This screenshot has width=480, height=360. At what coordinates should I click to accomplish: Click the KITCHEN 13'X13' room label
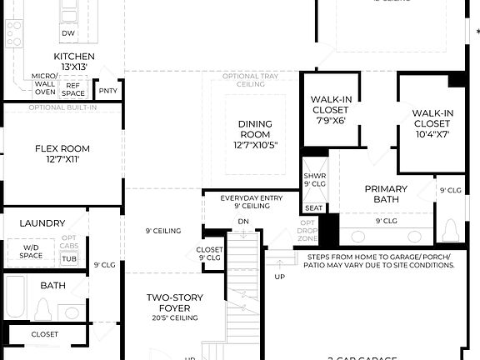click(74, 62)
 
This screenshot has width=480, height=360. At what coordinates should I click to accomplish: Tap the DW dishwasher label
click(68, 34)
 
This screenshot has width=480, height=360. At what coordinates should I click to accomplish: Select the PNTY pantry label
click(108, 91)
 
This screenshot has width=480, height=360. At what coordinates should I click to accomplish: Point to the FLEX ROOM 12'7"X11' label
click(62, 154)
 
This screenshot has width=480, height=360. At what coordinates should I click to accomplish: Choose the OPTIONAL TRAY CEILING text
click(250, 81)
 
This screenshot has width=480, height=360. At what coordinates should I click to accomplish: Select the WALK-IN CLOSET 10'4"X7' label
click(432, 123)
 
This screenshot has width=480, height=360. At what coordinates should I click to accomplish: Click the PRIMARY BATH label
click(387, 193)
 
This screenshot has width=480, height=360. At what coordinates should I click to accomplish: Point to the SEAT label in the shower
click(314, 208)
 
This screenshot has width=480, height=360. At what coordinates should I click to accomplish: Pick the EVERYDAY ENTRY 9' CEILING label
click(252, 202)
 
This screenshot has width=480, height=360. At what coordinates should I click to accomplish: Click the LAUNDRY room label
click(42, 223)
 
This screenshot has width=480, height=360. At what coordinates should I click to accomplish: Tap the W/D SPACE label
click(31, 251)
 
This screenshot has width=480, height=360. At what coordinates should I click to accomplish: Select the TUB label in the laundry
click(69, 259)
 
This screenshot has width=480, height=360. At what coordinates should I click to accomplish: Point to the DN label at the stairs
click(243, 222)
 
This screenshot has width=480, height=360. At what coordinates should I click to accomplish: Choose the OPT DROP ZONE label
click(308, 231)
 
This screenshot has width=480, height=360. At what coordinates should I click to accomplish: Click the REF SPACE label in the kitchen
click(73, 88)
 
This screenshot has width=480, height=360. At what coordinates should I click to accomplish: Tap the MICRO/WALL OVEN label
click(44, 83)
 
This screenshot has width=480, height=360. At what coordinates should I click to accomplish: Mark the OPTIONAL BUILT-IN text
click(62, 107)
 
